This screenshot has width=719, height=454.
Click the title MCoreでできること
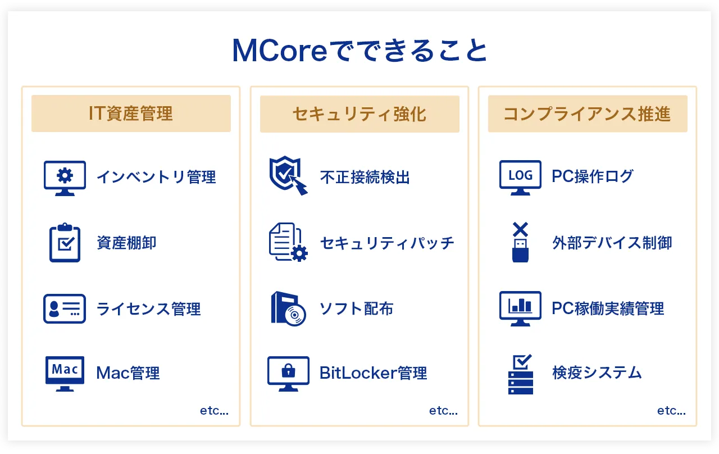(359, 51)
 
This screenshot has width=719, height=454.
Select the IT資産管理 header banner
(131, 114)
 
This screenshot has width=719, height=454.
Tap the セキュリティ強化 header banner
(359, 114)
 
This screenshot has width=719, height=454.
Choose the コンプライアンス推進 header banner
(588, 114)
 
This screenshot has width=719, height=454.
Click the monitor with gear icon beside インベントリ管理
(65, 178)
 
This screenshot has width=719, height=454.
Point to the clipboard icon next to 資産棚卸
(65, 242)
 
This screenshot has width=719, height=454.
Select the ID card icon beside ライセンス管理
(65, 308)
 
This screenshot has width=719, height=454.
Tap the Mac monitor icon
(65, 374)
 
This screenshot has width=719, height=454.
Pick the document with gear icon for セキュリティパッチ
(288, 242)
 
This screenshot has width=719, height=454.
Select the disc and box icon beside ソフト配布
(288, 308)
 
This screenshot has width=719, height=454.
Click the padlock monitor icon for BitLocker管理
(288, 374)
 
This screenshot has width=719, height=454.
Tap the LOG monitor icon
(520, 178)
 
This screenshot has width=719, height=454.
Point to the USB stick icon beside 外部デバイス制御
(520, 242)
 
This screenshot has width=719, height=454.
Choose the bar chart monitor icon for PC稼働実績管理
(520, 308)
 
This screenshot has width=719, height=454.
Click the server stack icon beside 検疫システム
(521, 374)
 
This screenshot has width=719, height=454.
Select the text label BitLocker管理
(374, 373)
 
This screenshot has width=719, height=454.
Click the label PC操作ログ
(593, 176)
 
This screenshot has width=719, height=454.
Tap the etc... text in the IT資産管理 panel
(214, 410)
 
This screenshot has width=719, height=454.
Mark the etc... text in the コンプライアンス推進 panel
(671, 410)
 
